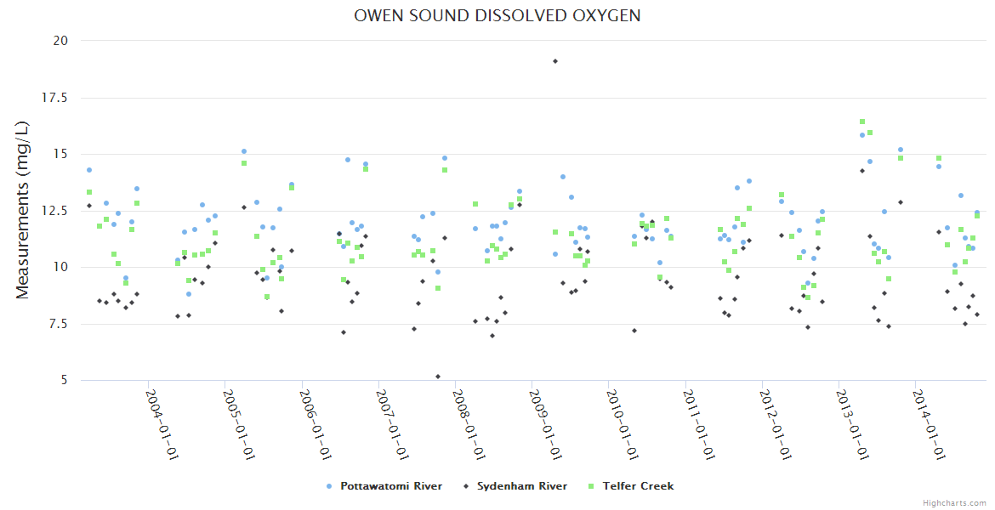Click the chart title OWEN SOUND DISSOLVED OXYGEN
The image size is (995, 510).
point(497,16)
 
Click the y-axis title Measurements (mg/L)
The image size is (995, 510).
point(23,210)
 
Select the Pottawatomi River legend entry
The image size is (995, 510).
point(390,486)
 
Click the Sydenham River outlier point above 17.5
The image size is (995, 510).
point(555,61)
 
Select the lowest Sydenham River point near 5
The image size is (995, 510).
point(438,377)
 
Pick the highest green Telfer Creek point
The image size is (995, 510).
point(862,122)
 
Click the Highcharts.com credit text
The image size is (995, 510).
point(954,503)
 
